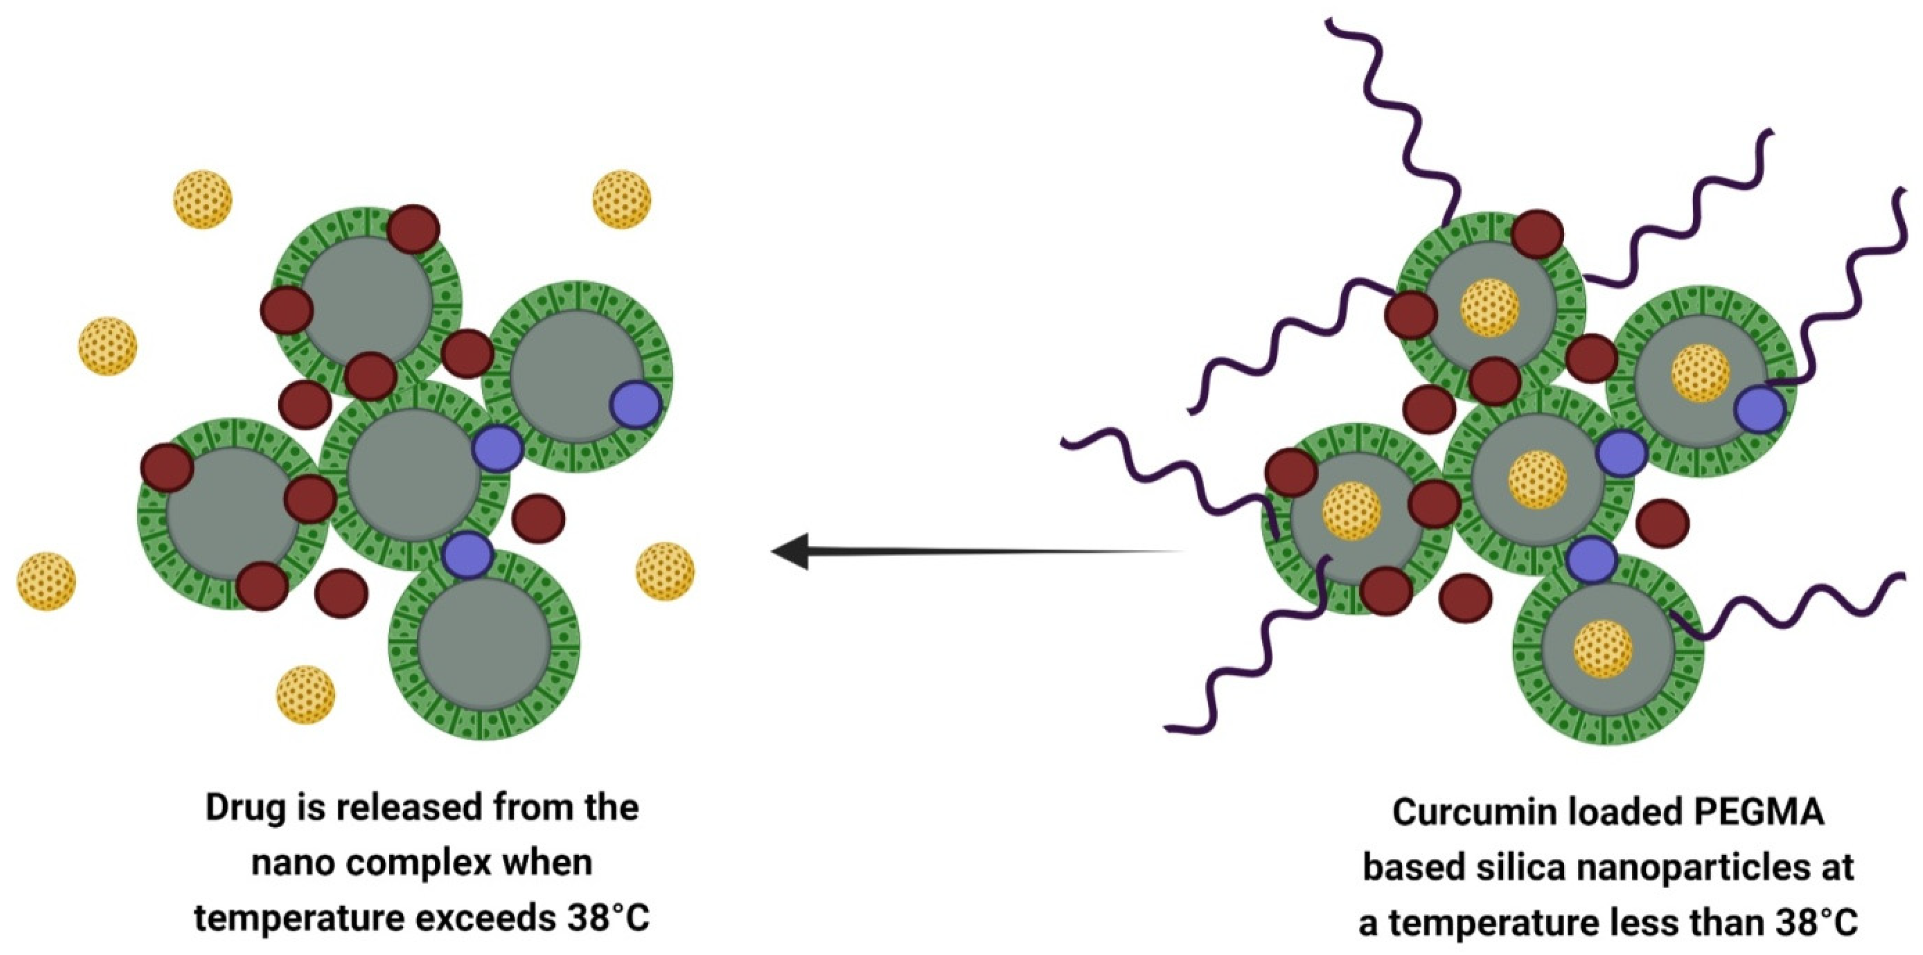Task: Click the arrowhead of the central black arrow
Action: point(790,551)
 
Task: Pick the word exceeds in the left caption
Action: point(483,918)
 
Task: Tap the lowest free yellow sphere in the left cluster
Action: point(305,694)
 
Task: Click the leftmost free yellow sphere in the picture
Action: point(46,581)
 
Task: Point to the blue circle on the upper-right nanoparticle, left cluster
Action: point(636,404)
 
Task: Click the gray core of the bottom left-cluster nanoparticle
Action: point(484,645)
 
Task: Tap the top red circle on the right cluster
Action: point(1538,233)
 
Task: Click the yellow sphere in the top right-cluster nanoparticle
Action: point(1489,307)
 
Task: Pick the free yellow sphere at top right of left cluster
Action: point(621,198)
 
